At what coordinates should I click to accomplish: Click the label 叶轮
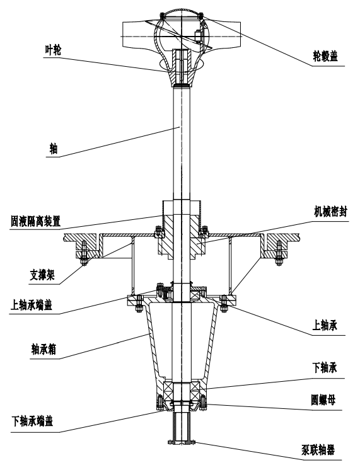click(53, 50)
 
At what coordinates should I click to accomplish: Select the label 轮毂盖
click(325, 56)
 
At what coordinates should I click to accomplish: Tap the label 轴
click(54, 149)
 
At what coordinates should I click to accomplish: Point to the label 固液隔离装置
click(36, 222)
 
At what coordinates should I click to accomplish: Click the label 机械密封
click(330, 212)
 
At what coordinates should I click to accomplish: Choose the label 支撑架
click(42, 275)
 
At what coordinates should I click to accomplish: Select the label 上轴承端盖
click(32, 305)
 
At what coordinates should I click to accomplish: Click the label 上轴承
click(325, 326)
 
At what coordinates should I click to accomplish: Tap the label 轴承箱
click(44, 350)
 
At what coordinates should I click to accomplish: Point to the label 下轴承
click(325, 368)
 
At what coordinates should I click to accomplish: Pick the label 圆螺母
click(323, 400)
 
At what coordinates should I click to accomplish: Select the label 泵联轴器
click(318, 450)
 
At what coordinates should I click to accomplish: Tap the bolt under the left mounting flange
click(84, 253)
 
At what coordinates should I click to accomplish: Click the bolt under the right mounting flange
click(279, 253)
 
